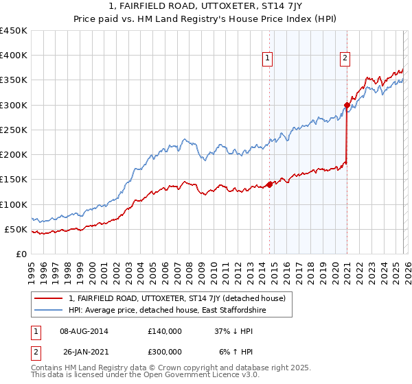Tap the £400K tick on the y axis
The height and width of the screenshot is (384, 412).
click(x=14, y=56)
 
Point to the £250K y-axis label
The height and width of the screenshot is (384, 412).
click(x=14, y=130)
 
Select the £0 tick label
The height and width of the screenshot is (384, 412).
click(x=22, y=254)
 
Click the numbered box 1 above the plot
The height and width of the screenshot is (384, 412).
click(x=267, y=59)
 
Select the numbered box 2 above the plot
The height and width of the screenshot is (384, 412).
click(x=345, y=59)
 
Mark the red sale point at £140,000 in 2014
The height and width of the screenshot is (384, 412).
click(x=269, y=184)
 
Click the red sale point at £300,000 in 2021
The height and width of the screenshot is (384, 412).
click(x=347, y=105)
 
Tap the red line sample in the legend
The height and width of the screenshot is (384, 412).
click(x=49, y=298)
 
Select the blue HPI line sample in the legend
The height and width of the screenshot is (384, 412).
click(x=49, y=311)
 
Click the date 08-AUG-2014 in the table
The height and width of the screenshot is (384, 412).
click(x=84, y=331)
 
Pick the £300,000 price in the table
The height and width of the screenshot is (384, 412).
click(x=164, y=352)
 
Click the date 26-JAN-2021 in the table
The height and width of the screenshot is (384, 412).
click(x=84, y=352)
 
